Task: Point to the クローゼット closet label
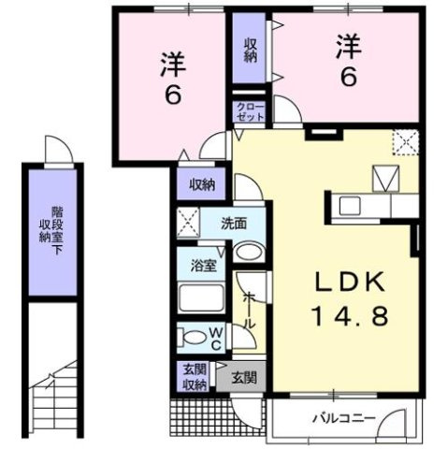point(251,113)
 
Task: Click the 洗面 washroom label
point(234,224)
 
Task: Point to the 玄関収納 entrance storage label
point(195,377)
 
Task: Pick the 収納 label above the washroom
point(201,185)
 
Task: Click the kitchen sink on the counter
point(350,205)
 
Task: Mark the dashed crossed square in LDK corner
point(406,141)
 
